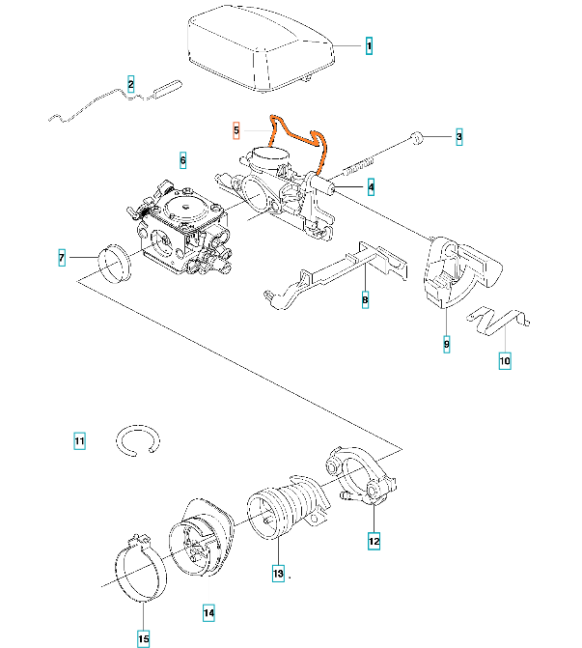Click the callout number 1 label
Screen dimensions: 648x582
(368, 45)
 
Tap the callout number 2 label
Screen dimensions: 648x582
(130, 84)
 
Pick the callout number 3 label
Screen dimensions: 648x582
(459, 138)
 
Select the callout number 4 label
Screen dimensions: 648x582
(371, 185)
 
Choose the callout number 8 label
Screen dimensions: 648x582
(365, 300)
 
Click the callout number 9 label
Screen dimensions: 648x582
(446, 343)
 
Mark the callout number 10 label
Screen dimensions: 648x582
(504, 362)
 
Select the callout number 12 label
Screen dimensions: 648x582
(374, 542)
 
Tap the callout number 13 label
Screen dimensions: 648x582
(278, 573)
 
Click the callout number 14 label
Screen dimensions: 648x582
(208, 611)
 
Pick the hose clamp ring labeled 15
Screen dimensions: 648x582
(142, 570)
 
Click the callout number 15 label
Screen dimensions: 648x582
(144, 637)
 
